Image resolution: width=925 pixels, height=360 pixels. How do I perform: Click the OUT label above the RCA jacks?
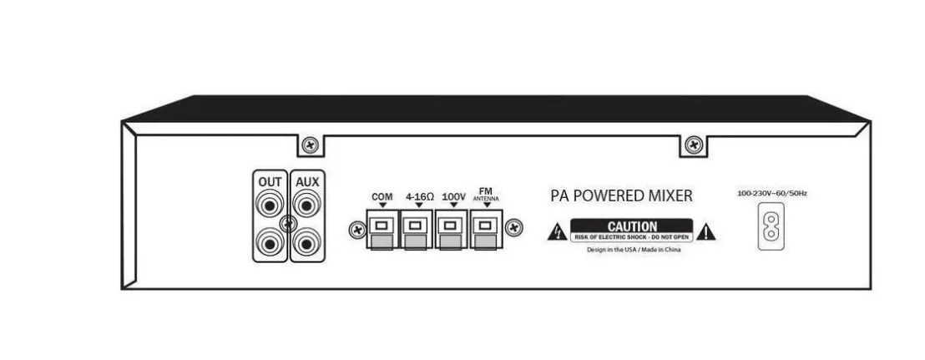pos(270,182)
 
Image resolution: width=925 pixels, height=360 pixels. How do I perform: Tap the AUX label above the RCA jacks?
pos(307,182)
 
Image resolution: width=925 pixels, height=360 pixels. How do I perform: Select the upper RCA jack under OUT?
pos(270,206)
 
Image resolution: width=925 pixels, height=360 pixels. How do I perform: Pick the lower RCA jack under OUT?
pos(270,242)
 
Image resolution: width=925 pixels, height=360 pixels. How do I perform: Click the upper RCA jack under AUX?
pos(306,206)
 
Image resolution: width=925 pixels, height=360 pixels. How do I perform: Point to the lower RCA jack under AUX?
pos(306,242)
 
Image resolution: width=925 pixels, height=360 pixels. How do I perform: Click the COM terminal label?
pos(382,196)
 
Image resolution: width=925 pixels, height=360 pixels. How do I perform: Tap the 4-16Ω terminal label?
pos(419,196)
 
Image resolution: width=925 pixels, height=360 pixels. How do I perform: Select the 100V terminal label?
pos(453,196)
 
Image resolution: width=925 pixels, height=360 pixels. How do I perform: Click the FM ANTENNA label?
pos(486,195)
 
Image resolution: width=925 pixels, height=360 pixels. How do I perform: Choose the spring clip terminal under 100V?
pos(452,229)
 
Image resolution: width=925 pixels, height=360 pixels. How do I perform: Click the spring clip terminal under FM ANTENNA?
pos(486,229)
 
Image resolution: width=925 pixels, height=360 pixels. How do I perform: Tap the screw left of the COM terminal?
pos(356,230)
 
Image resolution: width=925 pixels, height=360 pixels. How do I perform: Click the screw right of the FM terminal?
pos(513,226)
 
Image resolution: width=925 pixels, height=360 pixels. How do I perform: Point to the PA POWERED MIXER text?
pos(621,196)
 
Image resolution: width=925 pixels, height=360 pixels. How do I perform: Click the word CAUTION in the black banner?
pos(632,226)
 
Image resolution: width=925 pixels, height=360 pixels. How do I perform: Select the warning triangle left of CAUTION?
pos(557,232)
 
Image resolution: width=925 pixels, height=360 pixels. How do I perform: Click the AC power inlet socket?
pos(771,226)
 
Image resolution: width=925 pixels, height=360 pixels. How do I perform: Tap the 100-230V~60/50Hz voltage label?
pos(771,194)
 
